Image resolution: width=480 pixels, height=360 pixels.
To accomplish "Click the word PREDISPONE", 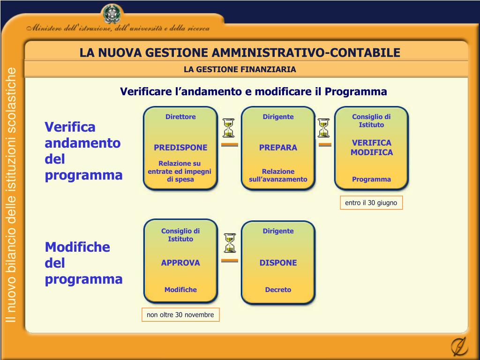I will (180, 147).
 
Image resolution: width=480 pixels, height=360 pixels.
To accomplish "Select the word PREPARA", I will (278, 147).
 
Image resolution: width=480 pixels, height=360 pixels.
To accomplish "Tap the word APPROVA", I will (180, 262).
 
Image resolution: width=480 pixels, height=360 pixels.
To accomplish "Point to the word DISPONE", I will (278, 262).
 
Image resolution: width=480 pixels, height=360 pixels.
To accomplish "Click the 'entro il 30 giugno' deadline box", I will (371, 202).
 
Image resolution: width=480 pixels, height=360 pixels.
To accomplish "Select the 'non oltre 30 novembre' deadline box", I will (180, 315).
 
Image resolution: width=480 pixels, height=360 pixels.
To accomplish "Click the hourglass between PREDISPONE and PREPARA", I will (229, 128).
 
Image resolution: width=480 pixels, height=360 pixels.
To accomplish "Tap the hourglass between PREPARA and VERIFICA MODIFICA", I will (324, 128).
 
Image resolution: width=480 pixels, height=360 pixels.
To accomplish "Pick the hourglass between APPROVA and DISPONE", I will (230, 243).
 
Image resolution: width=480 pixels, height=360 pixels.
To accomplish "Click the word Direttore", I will (180, 117).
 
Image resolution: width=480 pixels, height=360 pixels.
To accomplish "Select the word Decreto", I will (278, 290).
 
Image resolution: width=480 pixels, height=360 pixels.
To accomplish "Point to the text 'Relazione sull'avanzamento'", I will (278, 175).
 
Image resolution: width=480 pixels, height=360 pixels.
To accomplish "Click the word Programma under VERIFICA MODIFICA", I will (371, 179).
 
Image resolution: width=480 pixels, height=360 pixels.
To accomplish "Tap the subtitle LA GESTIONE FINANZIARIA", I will (240, 69).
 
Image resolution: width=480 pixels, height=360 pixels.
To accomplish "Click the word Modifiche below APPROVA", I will (180, 290).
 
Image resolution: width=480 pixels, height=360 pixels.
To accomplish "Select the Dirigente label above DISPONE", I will (278, 231).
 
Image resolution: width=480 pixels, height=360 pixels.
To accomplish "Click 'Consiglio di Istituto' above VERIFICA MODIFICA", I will (371, 120).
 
